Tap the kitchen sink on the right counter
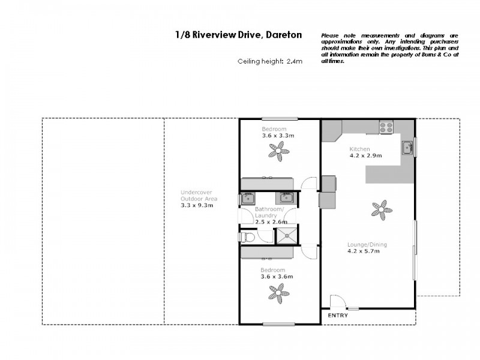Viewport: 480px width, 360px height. pos(407,146)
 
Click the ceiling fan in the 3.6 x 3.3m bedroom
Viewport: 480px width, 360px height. pos(278,154)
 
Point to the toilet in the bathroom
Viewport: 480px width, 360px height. pos(247,238)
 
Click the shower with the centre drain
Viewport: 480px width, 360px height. pos(287,235)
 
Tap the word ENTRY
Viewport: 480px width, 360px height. pos(337,316)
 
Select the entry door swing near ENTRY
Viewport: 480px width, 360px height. pos(337,302)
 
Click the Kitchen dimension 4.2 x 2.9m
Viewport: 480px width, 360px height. pos(366,156)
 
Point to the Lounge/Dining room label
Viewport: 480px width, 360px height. pos(367,244)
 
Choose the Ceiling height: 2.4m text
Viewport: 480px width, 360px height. pos(269,61)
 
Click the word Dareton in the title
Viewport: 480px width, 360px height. pos(283,36)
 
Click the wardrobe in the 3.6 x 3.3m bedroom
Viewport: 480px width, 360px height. pos(266,183)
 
